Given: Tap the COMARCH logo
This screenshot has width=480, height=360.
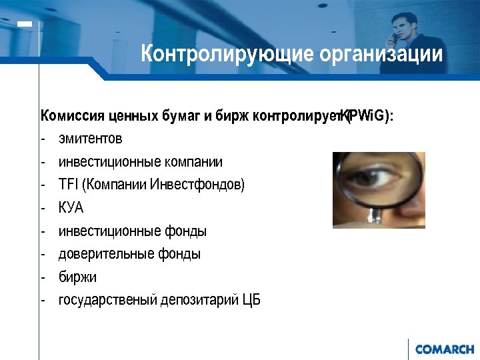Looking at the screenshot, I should point(445,349).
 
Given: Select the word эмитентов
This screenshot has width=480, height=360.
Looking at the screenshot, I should point(90,139).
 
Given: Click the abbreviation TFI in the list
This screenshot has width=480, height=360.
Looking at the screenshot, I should point(68,185).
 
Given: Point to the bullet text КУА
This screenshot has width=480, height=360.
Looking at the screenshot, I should point(71,208).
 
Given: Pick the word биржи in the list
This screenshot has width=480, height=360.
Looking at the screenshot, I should point(77,277).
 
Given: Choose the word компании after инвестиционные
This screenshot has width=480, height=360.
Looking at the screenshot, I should point(191,162).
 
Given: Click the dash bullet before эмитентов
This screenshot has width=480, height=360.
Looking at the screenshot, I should point(42,139).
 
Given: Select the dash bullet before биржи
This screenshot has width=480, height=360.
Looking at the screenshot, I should point(42,277).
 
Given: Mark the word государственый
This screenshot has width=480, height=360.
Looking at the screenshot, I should point(107,300).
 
